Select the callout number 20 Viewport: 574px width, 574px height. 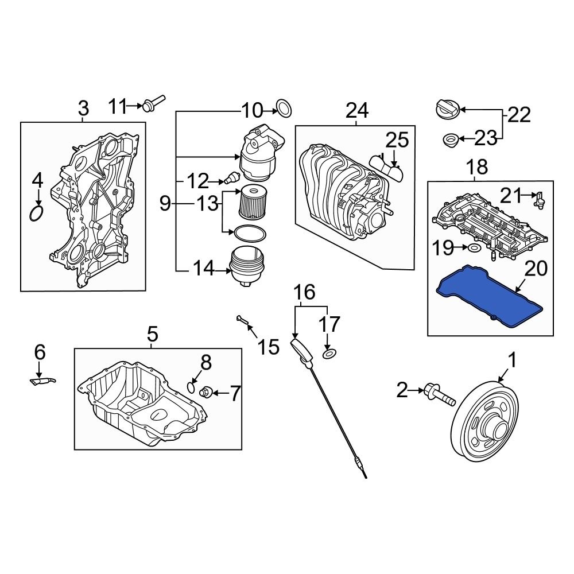click(x=536, y=269)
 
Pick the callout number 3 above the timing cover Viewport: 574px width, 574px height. click(x=83, y=108)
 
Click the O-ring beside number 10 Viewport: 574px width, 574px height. click(x=285, y=107)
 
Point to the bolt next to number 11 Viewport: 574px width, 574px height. click(x=153, y=104)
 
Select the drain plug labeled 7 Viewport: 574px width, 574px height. click(x=207, y=393)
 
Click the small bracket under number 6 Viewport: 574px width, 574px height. click(x=42, y=381)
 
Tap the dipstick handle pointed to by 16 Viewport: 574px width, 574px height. click(x=301, y=350)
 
